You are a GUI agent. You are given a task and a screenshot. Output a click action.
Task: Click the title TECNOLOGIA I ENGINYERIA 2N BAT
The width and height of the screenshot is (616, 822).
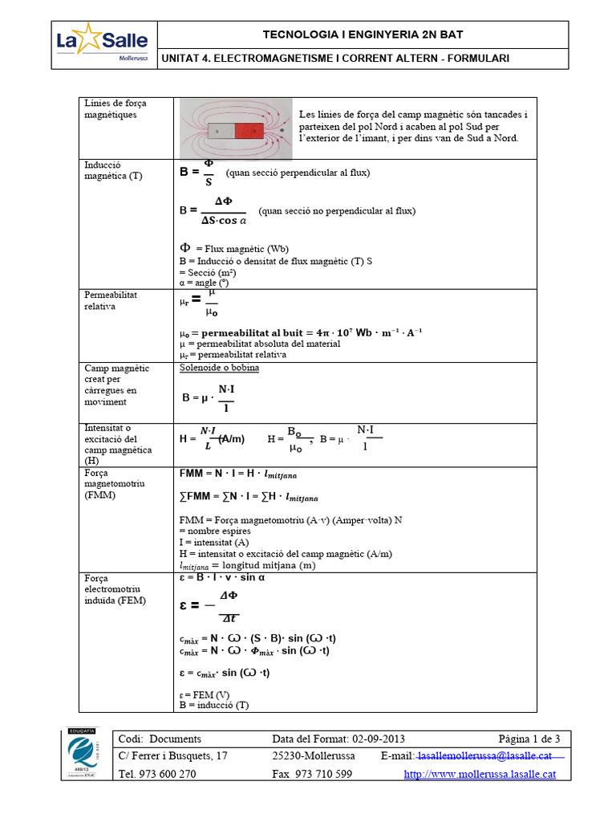363,35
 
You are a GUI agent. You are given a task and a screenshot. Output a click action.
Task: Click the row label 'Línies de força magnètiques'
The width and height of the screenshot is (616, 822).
115,109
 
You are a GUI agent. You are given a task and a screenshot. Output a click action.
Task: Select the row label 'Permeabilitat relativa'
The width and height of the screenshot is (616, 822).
111,300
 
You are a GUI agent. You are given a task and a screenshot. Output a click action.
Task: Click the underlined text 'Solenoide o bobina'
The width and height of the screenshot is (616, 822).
219,368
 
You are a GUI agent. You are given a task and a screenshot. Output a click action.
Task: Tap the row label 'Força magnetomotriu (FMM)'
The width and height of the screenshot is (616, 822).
111,485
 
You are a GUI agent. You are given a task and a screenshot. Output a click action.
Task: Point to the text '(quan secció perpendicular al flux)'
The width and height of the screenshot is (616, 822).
298,173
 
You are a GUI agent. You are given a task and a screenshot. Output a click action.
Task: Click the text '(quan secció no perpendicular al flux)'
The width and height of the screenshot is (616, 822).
336,211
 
